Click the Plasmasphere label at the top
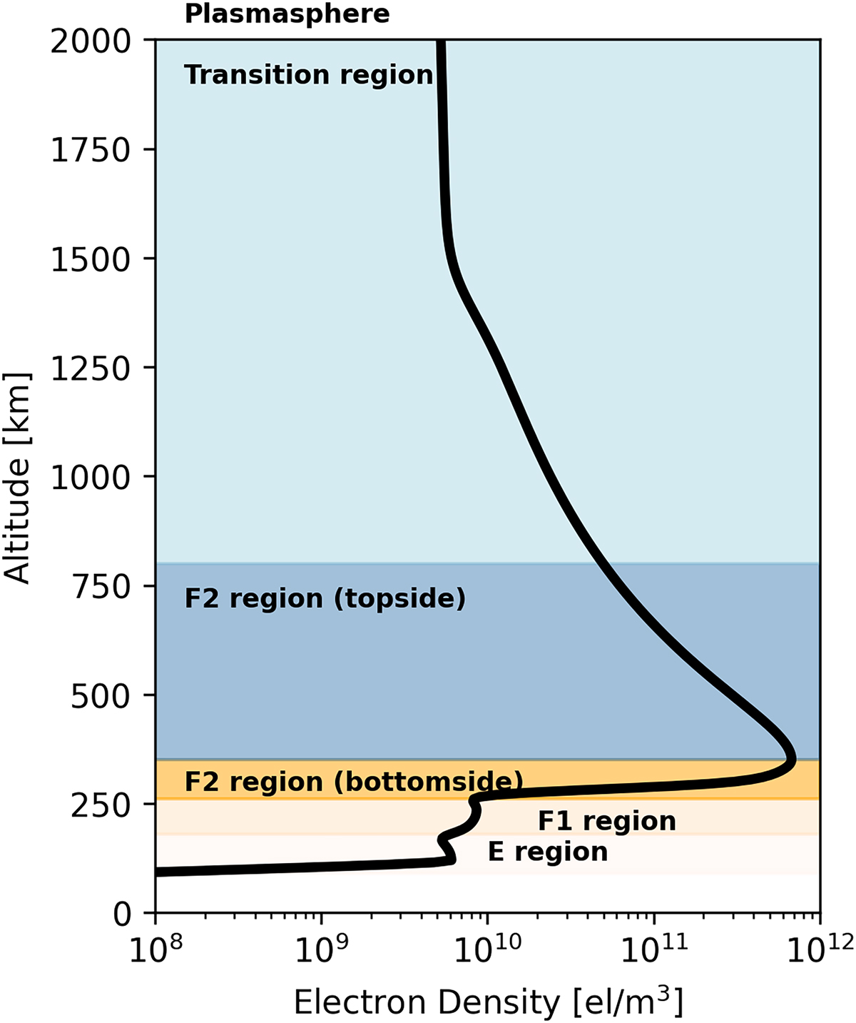click(x=287, y=14)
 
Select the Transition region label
click(x=308, y=75)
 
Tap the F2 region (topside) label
click(x=325, y=598)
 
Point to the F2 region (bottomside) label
click(x=353, y=782)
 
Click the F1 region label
click(x=606, y=821)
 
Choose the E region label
click(x=548, y=852)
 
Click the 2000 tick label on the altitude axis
click(x=91, y=41)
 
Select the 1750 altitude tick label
click(x=91, y=150)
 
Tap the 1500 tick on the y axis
click(x=91, y=259)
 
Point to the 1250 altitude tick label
click(x=91, y=368)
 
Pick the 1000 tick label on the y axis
click(x=91, y=478)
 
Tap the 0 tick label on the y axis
click(x=123, y=914)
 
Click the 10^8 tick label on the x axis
click(x=155, y=950)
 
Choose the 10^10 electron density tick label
click(x=488, y=950)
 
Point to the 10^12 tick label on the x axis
click(x=820, y=950)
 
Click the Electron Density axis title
click(x=488, y=1001)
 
